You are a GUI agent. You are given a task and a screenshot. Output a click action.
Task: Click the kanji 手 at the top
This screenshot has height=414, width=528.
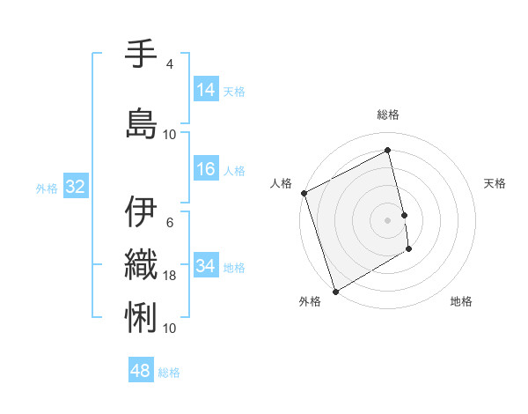point(141,54)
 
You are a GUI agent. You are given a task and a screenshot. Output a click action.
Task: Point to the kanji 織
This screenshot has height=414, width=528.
point(141,264)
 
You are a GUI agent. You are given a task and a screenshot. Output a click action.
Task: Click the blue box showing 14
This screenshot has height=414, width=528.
point(206,89)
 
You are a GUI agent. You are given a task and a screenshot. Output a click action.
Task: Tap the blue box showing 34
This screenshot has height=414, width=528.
point(206,266)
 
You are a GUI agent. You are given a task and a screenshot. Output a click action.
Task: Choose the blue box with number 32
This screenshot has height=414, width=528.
point(75,187)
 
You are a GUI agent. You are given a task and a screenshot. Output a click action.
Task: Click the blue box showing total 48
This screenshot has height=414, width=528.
point(141,371)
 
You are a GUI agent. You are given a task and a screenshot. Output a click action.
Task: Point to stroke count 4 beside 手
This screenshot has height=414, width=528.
point(170,64)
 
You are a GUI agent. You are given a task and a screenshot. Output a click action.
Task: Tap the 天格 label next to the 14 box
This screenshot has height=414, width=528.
point(234,91)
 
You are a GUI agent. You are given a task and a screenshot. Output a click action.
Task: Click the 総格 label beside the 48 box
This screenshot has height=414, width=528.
point(169,373)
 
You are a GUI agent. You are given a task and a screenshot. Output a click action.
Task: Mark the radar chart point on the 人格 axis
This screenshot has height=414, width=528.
point(304,193)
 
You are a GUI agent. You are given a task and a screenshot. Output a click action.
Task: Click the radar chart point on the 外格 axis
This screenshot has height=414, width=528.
point(334,291)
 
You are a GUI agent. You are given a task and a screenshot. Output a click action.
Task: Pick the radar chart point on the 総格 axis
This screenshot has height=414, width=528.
point(388,150)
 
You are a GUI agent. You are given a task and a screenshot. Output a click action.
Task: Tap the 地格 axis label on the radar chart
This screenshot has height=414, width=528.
point(461,301)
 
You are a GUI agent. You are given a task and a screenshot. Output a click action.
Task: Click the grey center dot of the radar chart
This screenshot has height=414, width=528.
point(387,219)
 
